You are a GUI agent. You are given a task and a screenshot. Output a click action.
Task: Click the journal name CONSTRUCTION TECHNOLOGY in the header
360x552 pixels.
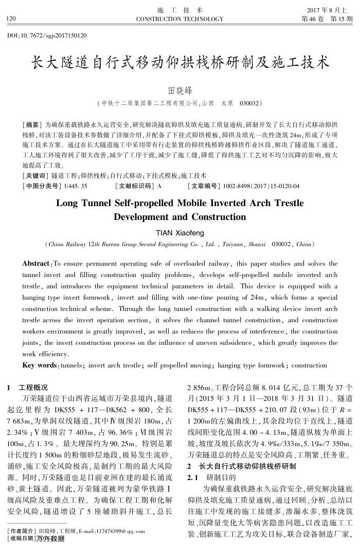(179, 19)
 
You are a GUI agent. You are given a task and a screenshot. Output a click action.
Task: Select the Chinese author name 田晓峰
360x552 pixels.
(180, 91)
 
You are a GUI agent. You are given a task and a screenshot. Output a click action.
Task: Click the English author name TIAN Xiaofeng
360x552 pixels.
(179, 231)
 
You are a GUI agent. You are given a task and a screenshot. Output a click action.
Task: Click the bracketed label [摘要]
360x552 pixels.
(32, 125)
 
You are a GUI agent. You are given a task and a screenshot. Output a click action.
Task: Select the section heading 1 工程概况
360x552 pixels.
(30, 388)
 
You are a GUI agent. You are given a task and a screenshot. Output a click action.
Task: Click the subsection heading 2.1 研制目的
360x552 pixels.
(209, 477)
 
